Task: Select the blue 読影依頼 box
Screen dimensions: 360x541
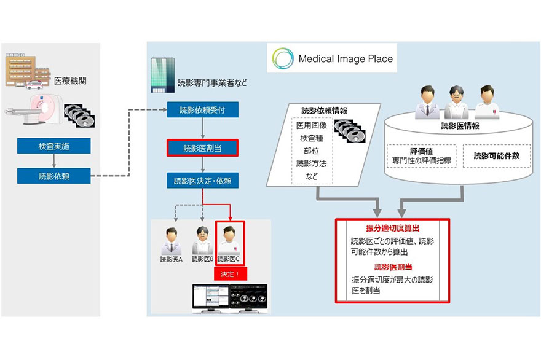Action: point(54,176)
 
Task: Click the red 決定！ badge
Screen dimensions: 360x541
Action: point(229,273)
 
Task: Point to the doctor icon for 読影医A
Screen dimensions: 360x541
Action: point(171,241)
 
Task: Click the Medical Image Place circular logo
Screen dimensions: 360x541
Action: point(283,60)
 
